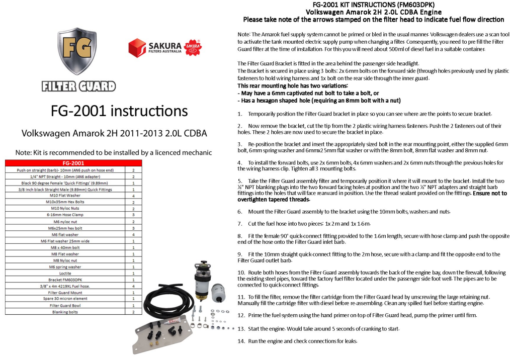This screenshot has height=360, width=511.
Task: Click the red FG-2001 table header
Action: tap(73, 163)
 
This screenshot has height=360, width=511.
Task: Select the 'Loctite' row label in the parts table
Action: tap(65, 273)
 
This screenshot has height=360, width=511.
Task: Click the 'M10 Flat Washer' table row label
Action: tap(65, 195)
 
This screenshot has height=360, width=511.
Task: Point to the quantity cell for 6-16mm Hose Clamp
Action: tap(133, 214)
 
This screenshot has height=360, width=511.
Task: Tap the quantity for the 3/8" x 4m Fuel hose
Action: tap(133, 286)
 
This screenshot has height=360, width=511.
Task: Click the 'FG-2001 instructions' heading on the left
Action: tap(119, 111)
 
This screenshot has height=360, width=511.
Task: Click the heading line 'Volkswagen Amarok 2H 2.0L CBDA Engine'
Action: tap(374, 12)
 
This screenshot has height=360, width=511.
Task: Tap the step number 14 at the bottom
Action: tap(241, 341)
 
